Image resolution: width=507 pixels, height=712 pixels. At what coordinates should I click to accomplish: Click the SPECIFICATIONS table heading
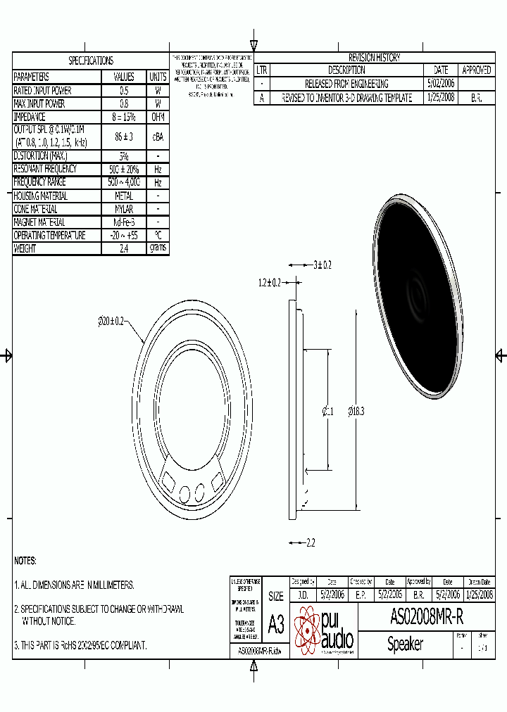90,61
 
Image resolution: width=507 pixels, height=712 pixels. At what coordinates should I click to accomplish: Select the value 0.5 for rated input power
124,91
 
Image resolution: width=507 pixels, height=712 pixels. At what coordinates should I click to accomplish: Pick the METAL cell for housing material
124,196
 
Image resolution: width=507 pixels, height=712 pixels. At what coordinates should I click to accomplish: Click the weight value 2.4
124,248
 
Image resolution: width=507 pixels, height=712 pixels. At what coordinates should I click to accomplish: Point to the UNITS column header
158,77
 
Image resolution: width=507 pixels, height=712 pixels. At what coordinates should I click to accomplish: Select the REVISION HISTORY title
374,58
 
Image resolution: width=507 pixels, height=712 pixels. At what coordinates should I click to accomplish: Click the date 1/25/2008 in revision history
441,98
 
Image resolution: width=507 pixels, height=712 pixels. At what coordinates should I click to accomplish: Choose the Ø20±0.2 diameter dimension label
111,321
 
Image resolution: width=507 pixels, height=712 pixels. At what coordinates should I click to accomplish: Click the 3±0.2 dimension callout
322,265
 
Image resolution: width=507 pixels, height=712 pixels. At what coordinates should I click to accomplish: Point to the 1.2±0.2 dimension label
269,282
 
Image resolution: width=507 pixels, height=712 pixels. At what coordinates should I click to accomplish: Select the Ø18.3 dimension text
356,412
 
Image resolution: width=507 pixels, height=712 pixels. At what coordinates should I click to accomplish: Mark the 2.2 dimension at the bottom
311,543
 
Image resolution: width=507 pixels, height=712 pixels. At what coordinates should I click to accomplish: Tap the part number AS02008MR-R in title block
427,617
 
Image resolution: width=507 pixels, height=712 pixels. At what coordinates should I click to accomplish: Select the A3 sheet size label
276,624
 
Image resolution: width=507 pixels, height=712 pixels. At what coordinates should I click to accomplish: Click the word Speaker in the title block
405,644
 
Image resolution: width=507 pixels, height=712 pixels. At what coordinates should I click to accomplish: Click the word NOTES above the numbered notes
25,561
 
